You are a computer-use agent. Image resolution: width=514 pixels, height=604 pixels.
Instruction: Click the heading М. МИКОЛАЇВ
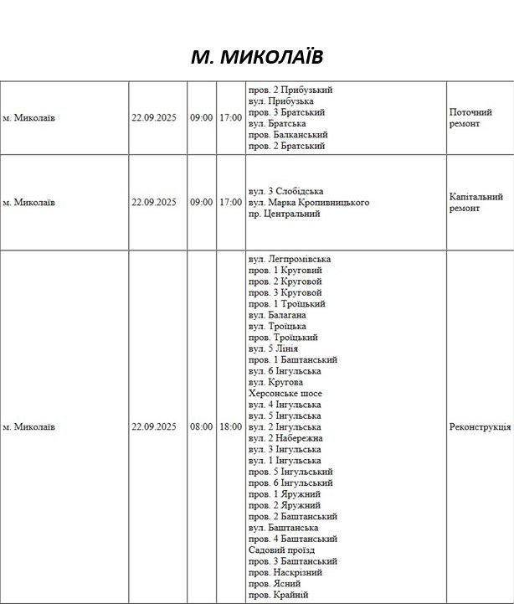[x=256, y=56]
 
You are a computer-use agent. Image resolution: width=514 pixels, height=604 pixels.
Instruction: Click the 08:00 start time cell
[x=201, y=426]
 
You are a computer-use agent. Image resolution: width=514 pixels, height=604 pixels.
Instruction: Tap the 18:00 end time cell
[x=230, y=426]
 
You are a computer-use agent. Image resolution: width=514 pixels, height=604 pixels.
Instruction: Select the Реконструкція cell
[x=480, y=426]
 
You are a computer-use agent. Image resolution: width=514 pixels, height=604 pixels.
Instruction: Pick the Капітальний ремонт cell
[x=475, y=203]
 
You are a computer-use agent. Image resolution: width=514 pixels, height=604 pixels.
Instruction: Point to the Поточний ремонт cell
[x=470, y=118]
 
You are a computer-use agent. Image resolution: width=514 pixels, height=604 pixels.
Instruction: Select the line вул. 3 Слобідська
[x=286, y=191]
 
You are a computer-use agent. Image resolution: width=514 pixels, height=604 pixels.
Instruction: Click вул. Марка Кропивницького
[x=309, y=203]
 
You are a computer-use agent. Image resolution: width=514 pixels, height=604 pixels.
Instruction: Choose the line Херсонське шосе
[x=285, y=393]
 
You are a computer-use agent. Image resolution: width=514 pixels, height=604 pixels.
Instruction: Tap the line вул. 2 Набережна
[x=285, y=438]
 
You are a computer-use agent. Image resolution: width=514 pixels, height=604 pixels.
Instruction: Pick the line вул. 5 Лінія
[x=273, y=348]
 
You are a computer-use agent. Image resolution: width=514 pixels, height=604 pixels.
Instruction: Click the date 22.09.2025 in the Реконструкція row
[x=153, y=426]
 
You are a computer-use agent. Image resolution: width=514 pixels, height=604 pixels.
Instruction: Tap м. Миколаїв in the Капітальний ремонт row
[x=28, y=203]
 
